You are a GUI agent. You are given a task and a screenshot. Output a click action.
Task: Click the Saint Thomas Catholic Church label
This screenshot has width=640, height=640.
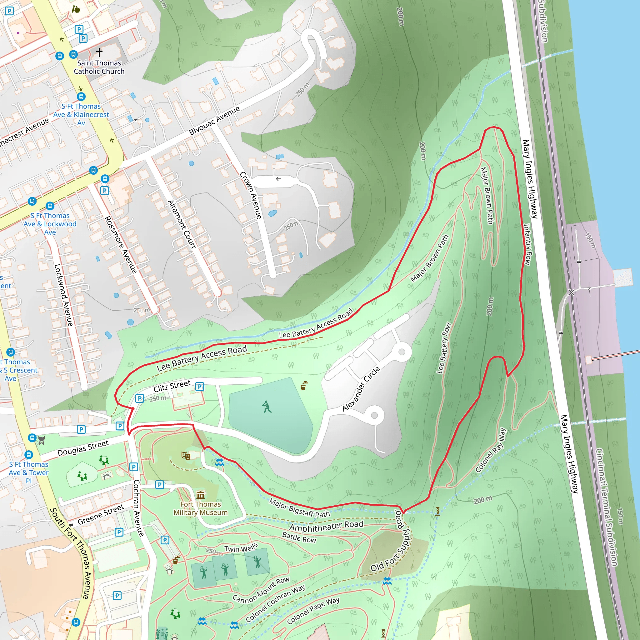point(99,67)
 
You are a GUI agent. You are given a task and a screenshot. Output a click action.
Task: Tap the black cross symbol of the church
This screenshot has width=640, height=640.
point(99,52)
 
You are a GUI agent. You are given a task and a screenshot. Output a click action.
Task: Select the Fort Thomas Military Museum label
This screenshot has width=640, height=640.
point(200,508)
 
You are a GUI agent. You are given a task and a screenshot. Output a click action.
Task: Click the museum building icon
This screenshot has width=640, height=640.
point(200,495)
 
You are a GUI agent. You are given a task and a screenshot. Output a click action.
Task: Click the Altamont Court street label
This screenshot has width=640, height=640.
point(182,224)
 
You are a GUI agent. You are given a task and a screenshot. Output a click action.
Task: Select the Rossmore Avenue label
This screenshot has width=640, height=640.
point(121,244)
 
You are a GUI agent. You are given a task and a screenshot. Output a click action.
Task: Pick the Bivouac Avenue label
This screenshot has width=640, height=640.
point(214,121)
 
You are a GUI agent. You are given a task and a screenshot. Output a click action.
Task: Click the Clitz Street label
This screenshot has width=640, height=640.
point(172,386)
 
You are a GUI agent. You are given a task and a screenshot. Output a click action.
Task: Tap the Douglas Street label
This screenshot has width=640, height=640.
point(83,448)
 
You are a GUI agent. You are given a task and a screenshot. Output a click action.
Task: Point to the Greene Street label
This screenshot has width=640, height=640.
point(101,514)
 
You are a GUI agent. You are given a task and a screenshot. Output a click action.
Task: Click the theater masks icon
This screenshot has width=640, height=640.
point(186,456)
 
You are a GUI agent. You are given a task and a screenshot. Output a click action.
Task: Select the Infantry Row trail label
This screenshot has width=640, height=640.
point(527,244)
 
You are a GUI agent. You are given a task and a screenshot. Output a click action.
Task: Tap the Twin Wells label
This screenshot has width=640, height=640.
point(241,548)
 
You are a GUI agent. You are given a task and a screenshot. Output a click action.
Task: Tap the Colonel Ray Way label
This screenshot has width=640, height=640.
point(491,450)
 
